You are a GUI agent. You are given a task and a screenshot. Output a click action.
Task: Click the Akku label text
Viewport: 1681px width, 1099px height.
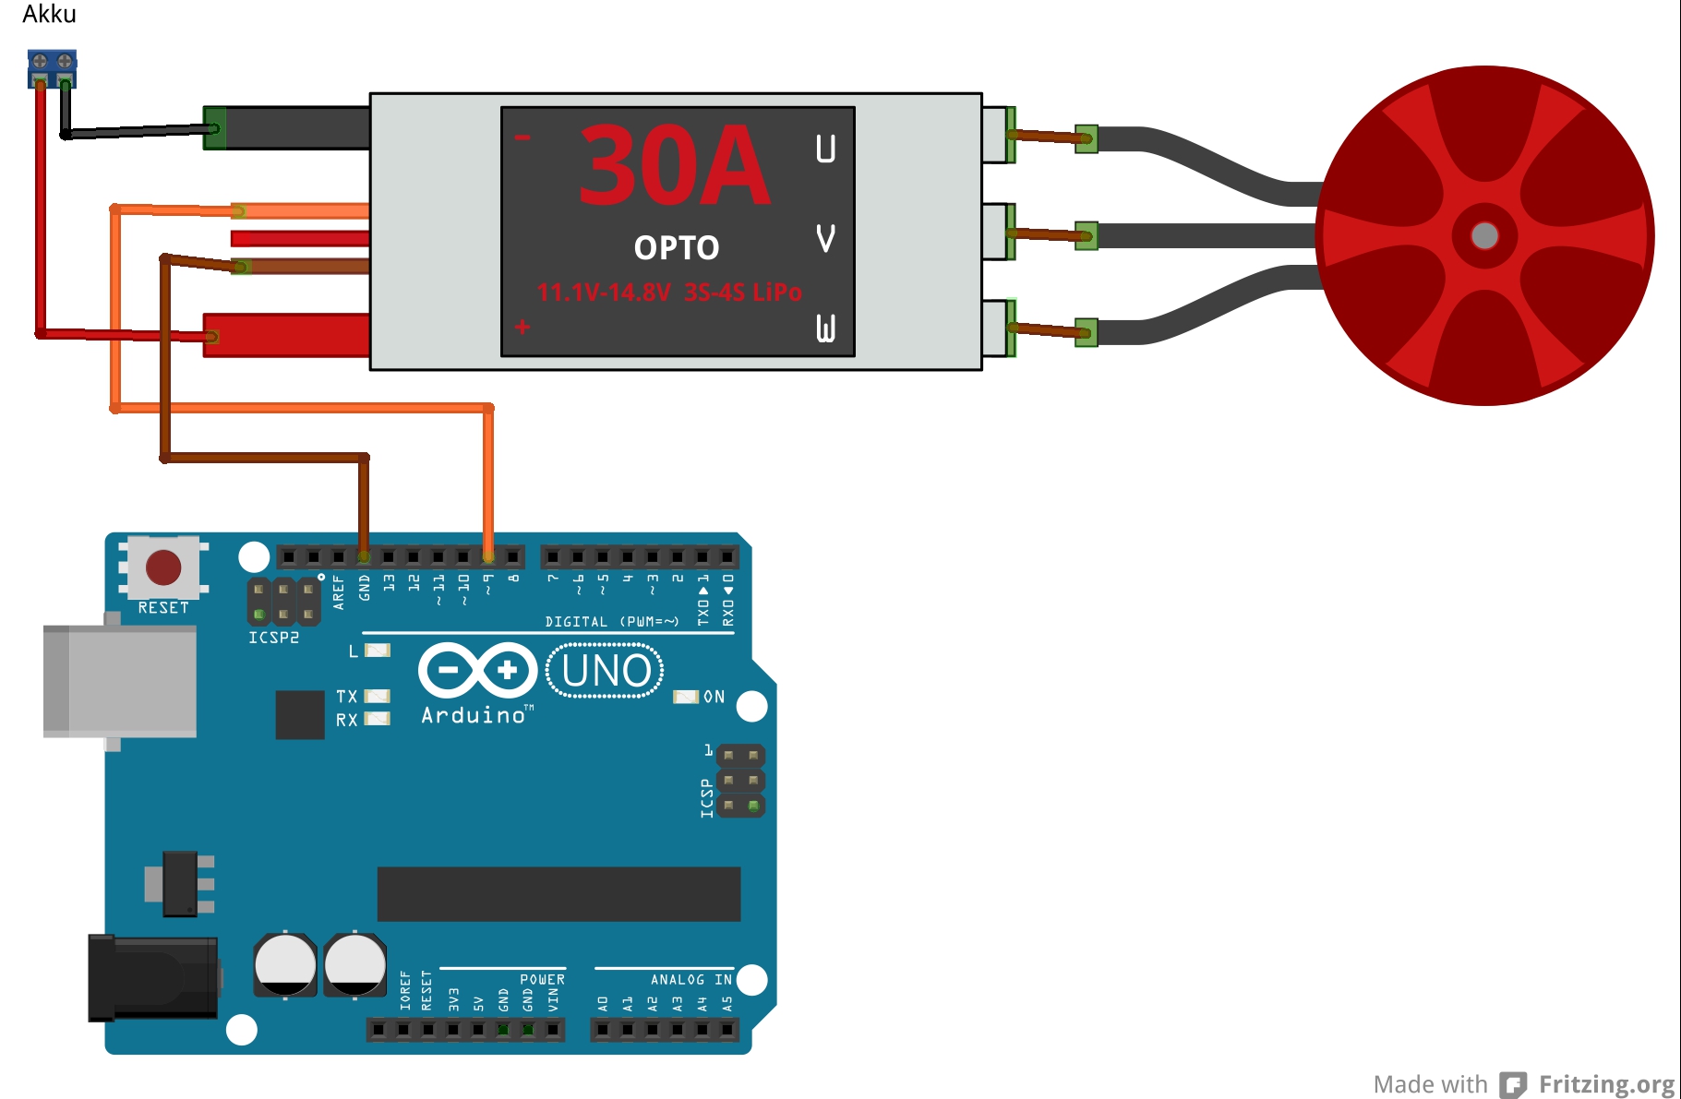[49, 14]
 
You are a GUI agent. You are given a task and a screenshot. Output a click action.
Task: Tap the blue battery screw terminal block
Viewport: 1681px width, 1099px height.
[52, 67]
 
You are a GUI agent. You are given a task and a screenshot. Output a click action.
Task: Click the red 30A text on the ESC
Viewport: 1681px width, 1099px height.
[674, 167]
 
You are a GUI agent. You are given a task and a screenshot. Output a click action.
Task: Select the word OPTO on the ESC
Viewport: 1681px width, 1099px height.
[676, 247]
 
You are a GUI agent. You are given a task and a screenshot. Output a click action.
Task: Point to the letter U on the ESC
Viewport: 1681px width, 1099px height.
[825, 149]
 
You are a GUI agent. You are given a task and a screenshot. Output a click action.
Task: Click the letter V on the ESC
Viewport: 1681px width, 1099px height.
[825, 238]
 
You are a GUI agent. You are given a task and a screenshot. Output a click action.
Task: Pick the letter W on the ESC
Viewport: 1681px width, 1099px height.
[825, 328]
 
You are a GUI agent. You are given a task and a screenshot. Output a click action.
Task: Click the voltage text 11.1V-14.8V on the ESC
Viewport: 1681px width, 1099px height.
[604, 293]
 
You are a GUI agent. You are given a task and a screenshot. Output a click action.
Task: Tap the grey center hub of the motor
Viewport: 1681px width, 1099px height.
[1484, 235]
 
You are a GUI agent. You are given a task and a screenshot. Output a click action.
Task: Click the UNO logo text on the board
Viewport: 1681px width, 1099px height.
[606, 670]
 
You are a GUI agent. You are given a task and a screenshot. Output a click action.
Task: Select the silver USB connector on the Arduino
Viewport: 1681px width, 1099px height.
[120, 681]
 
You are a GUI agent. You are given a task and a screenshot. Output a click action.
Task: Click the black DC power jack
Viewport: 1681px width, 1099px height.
[152, 977]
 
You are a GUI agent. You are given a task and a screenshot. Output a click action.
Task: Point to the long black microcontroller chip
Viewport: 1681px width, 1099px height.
[558, 893]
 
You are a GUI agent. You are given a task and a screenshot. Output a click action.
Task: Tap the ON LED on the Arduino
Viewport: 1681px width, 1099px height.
[686, 697]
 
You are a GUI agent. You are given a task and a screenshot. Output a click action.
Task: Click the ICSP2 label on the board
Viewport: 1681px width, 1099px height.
[273, 638]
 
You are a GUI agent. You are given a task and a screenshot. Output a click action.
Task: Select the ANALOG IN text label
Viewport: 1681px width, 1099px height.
[690, 979]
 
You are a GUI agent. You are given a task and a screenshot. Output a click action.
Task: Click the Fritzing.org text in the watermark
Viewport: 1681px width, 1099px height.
[1606, 1083]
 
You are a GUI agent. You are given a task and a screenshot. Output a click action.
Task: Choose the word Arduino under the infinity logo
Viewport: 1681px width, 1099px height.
[474, 715]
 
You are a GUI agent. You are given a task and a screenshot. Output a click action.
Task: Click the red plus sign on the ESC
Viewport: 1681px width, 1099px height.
[522, 327]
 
